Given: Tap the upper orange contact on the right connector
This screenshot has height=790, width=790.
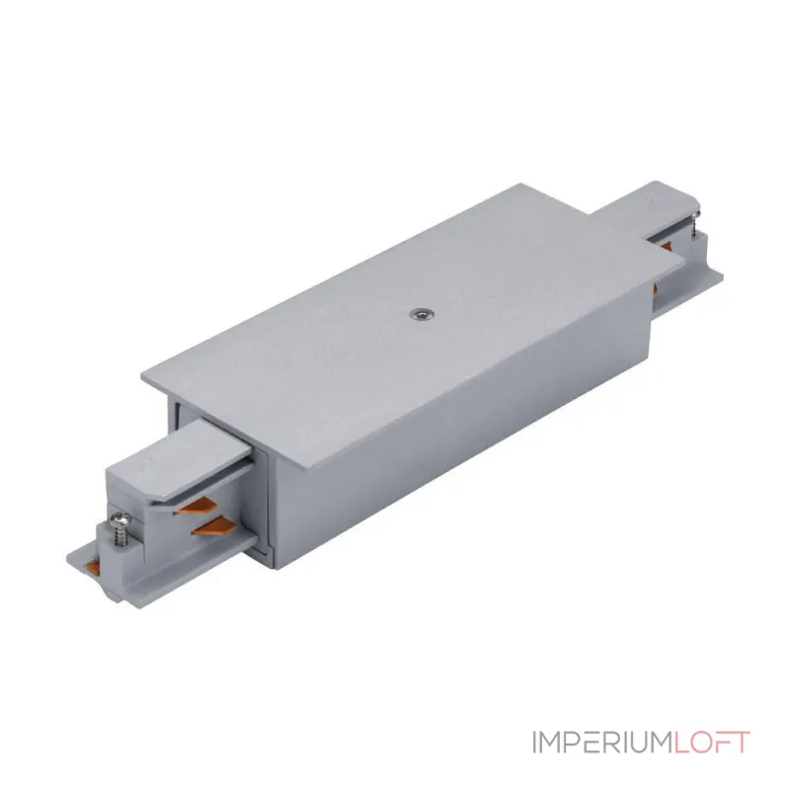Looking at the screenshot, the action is [x=666, y=245].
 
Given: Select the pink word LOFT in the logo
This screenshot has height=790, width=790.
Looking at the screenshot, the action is [x=711, y=743].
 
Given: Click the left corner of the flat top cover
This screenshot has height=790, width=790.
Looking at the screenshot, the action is [x=141, y=375].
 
